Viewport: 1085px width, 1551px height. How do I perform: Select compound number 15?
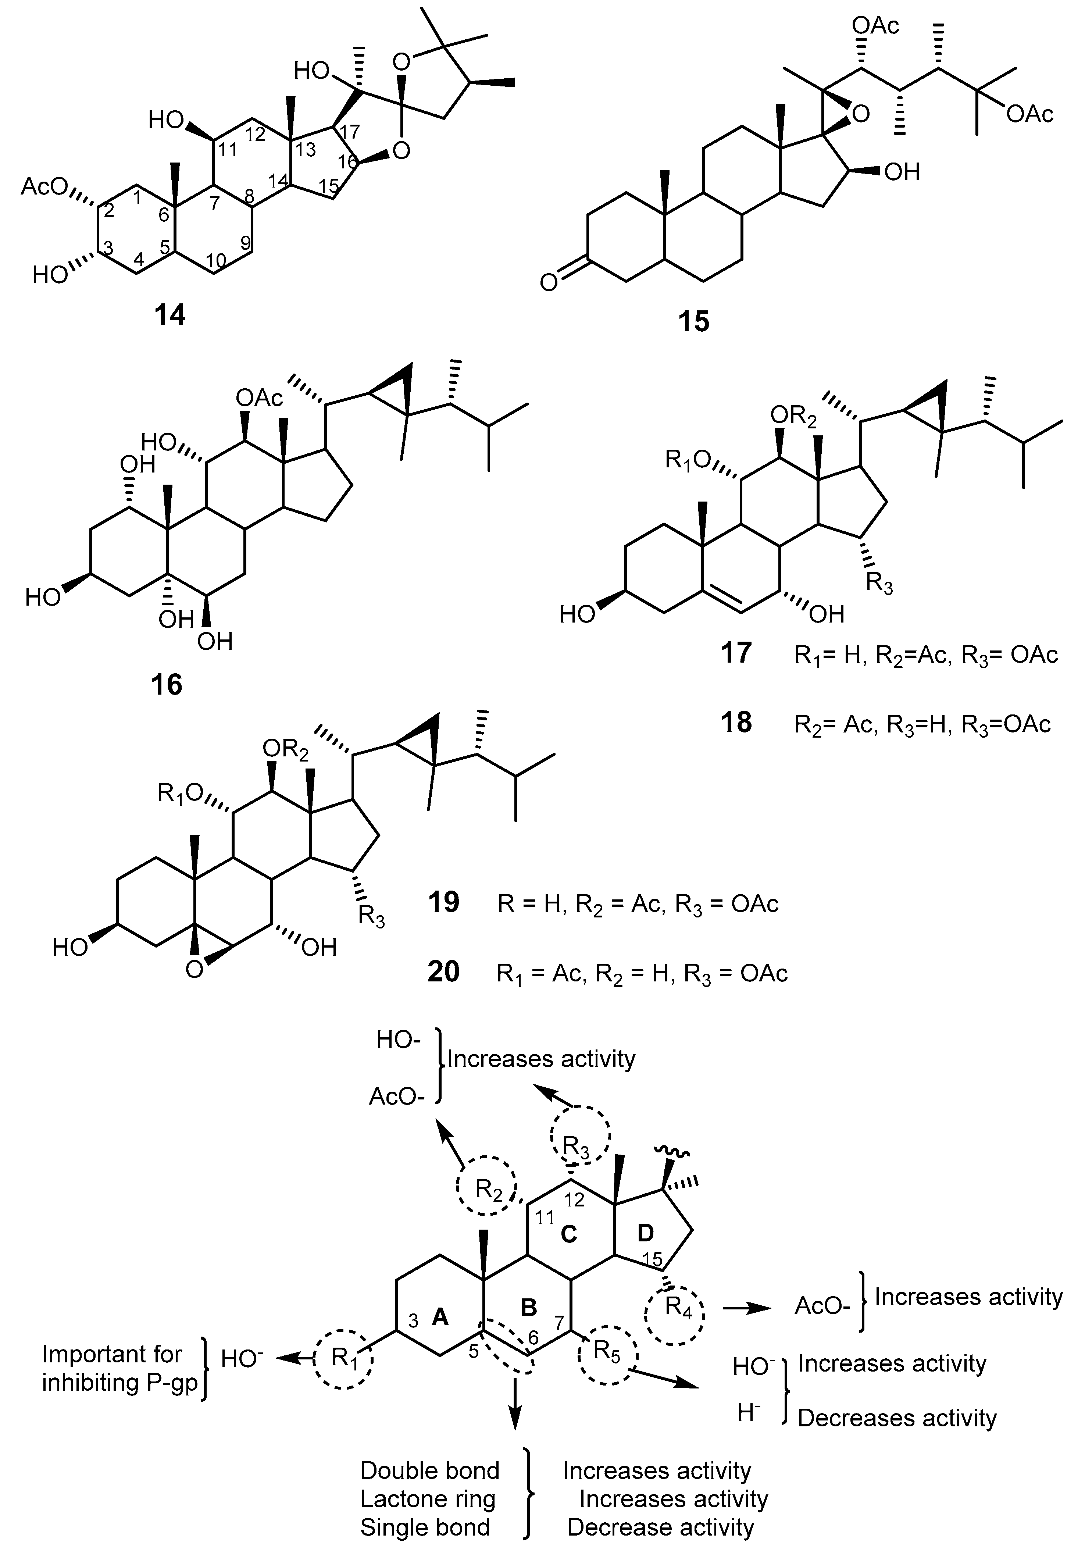(x=694, y=320)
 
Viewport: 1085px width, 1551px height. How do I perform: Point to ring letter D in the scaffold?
(x=646, y=1233)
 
